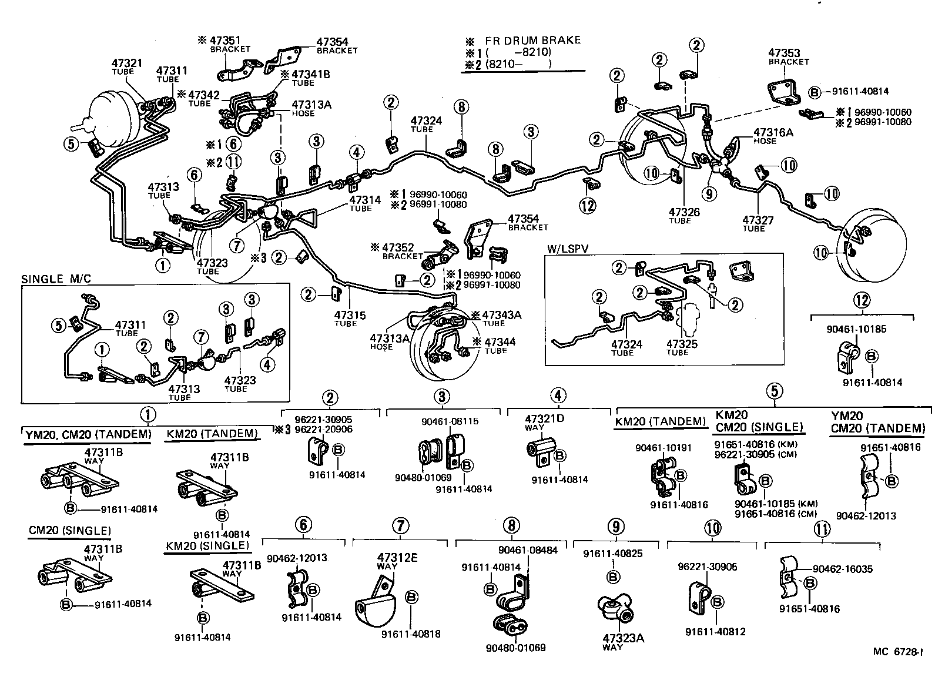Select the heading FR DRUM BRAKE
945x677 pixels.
click(532, 41)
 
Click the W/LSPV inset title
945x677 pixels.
click(567, 249)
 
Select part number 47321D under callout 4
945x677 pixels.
click(544, 419)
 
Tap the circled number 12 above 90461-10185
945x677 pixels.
click(862, 300)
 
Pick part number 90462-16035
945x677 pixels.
click(843, 569)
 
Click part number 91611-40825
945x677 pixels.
click(613, 553)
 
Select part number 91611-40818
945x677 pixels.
click(410, 634)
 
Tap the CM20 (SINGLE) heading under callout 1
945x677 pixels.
click(69, 531)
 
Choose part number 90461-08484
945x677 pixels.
click(527, 550)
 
